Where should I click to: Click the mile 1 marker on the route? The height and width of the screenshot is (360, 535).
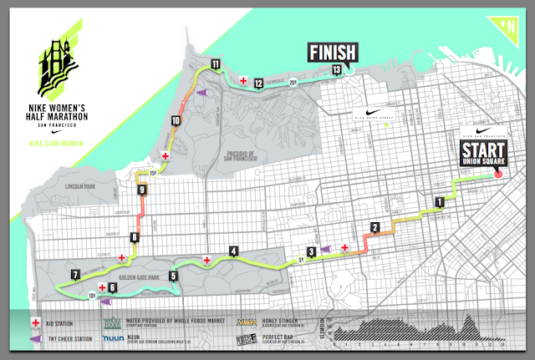pos(439,201)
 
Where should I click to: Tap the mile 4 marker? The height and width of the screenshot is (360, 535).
pos(233,251)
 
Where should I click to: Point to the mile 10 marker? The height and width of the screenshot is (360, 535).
pos(175,121)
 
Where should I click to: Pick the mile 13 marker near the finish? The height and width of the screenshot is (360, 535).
pos(336,70)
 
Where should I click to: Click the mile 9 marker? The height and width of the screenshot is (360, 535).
pos(143,190)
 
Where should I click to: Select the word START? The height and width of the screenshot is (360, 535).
pos(483,151)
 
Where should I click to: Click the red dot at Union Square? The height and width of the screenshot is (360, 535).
pos(498,175)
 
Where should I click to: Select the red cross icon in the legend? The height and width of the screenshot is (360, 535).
pos(37,322)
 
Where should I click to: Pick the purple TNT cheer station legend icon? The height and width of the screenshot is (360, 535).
pos(37,338)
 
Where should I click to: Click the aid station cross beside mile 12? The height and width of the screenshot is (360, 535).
pos(243,81)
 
